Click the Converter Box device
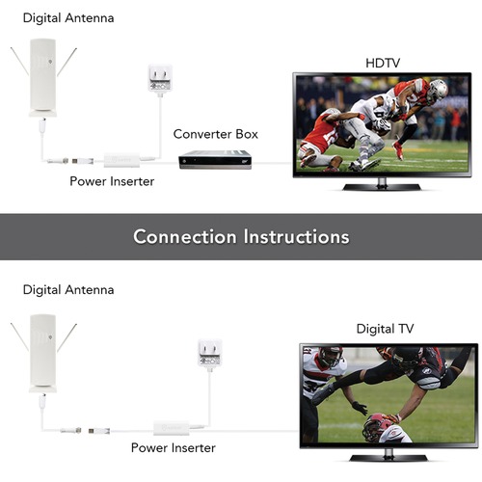[215, 159]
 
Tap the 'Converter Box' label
[215, 134]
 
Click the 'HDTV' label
[383, 63]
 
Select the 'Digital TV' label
[385, 329]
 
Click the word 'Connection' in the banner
[185, 237]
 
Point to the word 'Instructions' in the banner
[296, 237]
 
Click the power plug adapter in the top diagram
[160, 78]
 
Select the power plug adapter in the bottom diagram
[210, 353]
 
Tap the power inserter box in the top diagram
[121, 160]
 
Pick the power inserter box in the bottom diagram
[172, 428]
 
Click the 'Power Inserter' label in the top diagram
[112, 181]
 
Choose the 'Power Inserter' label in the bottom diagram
[174, 448]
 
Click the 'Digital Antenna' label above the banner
[68, 18]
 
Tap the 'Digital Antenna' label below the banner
[68, 290]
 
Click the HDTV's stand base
[382, 187]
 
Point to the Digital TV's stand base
[388, 458]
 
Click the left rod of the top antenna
[19, 62]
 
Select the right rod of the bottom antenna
[67, 337]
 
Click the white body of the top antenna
[42, 77]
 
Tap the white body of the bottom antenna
[42, 354]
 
